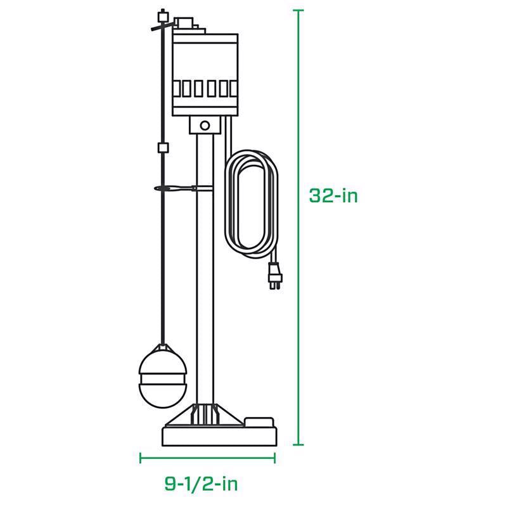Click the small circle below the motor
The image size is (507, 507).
pyautogui.click(x=205, y=125)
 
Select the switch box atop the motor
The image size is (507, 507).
pyautogui.click(x=186, y=25)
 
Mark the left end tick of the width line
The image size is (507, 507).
pyautogui.click(x=141, y=458)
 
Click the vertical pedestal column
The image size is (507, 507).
pyautogui.click(x=205, y=266)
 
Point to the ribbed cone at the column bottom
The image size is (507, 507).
pyautogui.click(x=205, y=413)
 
